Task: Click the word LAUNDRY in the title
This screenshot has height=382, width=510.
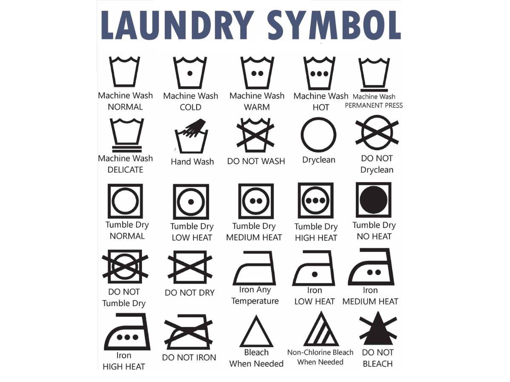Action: [177, 25]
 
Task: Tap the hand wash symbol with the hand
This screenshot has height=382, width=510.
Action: [191, 136]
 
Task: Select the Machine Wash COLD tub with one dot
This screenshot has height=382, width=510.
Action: [190, 73]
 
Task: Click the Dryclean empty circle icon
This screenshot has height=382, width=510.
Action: [318, 135]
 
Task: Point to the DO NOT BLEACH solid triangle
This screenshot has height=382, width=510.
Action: [378, 331]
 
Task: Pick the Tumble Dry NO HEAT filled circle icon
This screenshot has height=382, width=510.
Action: [374, 199]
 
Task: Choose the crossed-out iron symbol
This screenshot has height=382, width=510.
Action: [188, 332]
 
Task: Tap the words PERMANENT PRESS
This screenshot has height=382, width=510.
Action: [374, 106]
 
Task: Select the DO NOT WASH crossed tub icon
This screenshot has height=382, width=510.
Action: [255, 135]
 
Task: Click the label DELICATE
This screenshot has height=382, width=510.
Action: [125, 170]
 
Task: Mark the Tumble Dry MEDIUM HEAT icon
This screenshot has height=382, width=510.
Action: [256, 201]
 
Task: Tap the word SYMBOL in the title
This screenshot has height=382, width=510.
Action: [334, 25]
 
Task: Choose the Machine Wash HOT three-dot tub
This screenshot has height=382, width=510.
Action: [320, 73]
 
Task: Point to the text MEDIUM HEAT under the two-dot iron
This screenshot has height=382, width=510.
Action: [370, 301]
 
